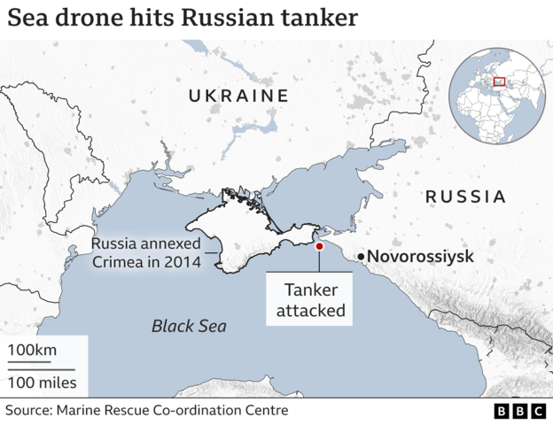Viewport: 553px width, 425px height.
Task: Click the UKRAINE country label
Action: coord(238,96)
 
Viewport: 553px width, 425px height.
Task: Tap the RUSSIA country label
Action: coord(465,197)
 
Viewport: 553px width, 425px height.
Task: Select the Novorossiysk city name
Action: coord(420,257)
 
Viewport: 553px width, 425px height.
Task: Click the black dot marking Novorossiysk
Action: coord(361,257)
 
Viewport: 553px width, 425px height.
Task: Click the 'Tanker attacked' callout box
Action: coord(310,300)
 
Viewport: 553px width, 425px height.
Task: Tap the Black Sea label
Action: coord(189,326)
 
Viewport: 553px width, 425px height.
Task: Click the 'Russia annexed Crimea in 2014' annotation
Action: coord(146,252)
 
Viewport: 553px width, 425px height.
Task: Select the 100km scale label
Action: coord(32,350)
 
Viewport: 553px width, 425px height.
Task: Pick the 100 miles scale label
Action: coord(43,383)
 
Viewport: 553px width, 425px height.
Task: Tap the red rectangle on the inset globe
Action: coord(497,86)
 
